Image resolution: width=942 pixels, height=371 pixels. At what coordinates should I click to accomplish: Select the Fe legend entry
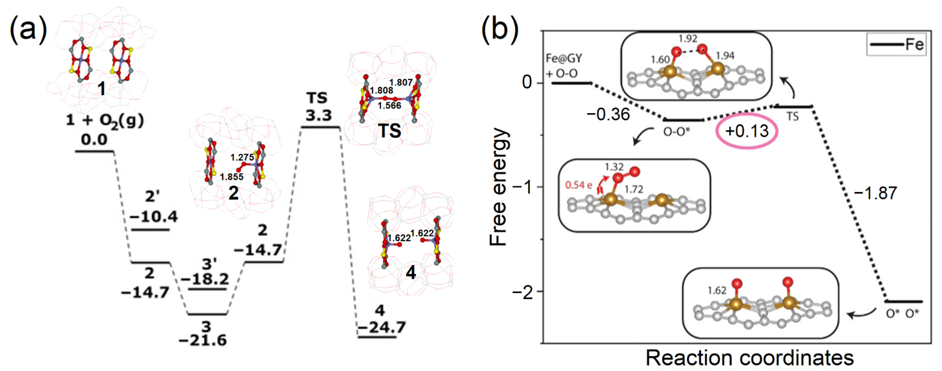pyautogui.click(x=914, y=45)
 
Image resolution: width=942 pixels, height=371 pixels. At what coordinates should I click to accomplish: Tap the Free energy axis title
pyautogui.click(x=499, y=187)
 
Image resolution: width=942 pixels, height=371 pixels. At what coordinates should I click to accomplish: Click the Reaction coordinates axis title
pyautogui.click(x=750, y=358)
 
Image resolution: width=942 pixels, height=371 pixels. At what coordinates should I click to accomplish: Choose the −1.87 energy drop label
pyautogui.click(x=876, y=193)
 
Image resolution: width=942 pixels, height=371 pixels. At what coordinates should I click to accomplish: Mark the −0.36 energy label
pyautogui.click(x=608, y=114)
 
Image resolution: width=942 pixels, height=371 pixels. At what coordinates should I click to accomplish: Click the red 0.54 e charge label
pyautogui.click(x=578, y=185)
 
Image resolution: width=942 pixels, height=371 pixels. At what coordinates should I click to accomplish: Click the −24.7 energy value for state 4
pyautogui.click(x=381, y=327)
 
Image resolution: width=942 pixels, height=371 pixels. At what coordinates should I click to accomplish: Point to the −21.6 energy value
pyautogui.click(x=203, y=340)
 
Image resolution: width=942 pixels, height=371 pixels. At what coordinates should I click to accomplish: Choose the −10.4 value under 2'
pyautogui.click(x=154, y=217)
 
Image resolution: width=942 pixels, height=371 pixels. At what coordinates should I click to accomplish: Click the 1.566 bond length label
pyautogui.click(x=389, y=106)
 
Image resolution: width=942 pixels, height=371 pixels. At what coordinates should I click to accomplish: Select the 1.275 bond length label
pyautogui.click(x=242, y=157)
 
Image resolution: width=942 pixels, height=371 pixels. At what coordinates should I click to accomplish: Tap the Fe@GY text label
pyautogui.click(x=564, y=59)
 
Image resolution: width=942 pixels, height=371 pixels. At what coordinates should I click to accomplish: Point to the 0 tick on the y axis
pyautogui.click(x=527, y=83)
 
